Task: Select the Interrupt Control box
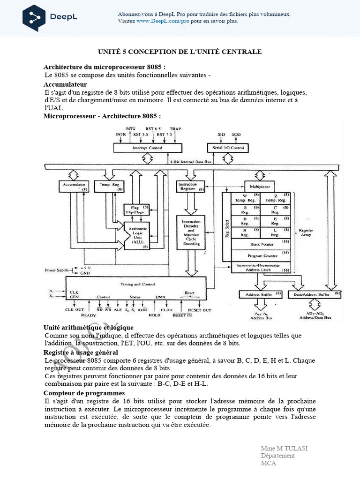(x=147, y=148)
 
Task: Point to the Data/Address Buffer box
(x=315, y=294)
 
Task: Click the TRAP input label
(x=175, y=128)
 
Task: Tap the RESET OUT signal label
(x=199, y=310)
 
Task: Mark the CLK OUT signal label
(x=75, y=310)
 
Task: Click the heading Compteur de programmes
(x=84, y=393)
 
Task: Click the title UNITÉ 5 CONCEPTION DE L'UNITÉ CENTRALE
(x=180, y=52)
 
